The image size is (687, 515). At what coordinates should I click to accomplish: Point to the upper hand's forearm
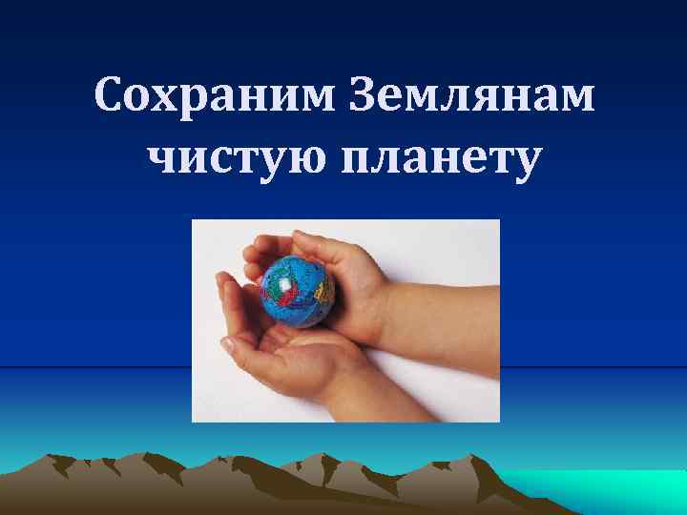click(x=448, y=305)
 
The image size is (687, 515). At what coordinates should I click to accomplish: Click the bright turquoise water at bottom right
click(x=611, y=491)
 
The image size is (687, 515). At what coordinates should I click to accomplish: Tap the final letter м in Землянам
click(x=574, y=98)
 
